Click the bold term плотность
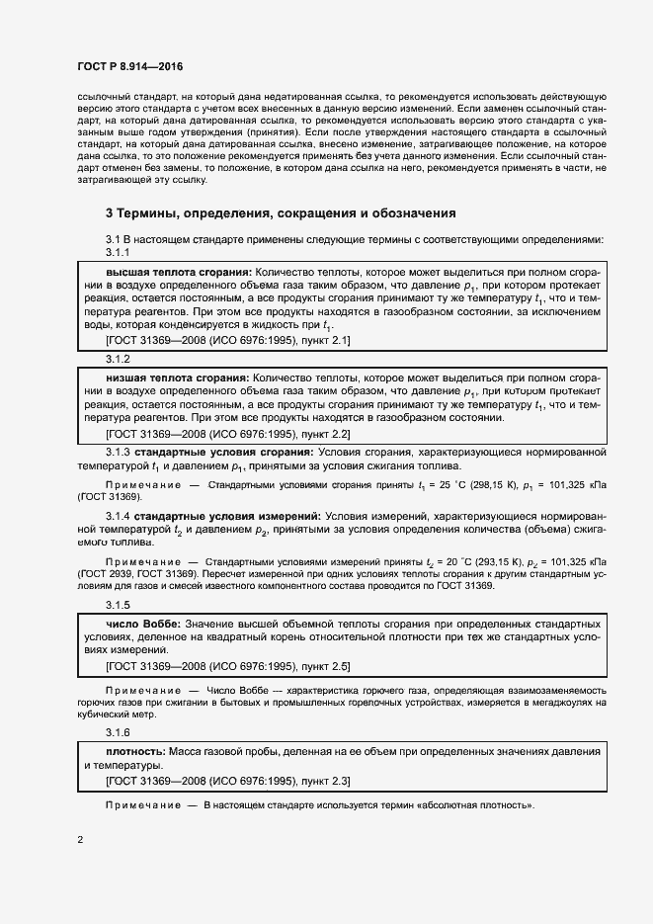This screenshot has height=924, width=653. (x=135, y=752)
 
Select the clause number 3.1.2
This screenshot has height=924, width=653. (x=118, y=360)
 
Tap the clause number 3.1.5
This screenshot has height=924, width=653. (x=118, y=605)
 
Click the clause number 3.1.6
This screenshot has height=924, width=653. (x=118, y=732)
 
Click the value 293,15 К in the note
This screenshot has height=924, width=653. (x=481, y=562)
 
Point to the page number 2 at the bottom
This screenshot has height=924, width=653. (x=80, y=839)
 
